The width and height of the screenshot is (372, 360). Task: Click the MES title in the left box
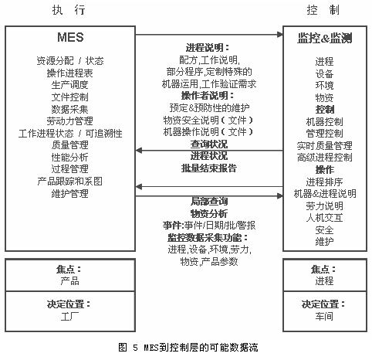point(70,37)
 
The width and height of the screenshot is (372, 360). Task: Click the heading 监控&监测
point(325,38)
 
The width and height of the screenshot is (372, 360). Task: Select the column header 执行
point(69,10)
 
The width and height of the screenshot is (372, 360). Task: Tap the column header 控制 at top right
point(323,10)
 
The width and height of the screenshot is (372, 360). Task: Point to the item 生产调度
point(69,85)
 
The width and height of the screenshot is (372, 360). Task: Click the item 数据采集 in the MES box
point(69,109)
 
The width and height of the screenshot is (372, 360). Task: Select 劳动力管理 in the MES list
point(69,121)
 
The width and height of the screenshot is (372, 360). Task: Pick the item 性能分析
point(69,157)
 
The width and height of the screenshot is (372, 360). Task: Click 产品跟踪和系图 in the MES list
point(69,182)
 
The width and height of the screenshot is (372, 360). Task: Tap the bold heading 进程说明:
point(208,48)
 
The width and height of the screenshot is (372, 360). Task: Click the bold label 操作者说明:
point(208,96)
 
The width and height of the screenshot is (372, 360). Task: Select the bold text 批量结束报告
point(209,168)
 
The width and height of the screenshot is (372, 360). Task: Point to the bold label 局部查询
point(209,202)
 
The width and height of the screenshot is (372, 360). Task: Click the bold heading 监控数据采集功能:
point(208,238)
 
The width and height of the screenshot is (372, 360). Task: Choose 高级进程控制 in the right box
point(325,158)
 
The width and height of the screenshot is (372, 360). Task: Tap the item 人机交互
point(325,218)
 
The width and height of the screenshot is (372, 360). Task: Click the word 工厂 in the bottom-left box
point(69,317)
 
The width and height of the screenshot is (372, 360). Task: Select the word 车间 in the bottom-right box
point(324,316)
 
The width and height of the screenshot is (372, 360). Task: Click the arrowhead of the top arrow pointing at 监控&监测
point(280,35)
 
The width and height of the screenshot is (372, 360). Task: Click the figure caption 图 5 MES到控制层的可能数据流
point(188,348)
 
